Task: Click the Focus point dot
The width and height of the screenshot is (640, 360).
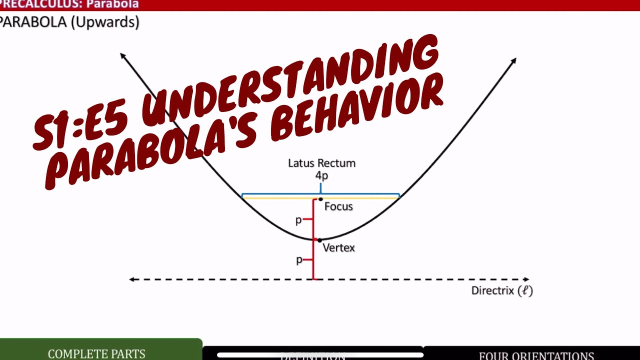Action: [x=320, y=199]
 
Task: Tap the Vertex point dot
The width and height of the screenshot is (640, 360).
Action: [x=320, y=240]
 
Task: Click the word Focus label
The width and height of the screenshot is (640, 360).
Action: [x=338, y=206]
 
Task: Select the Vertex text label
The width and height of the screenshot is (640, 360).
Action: [x=338, y=247]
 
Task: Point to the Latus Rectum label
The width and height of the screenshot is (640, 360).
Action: [x=321, y=163]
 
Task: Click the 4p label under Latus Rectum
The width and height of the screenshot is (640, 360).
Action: [x=321, y=175]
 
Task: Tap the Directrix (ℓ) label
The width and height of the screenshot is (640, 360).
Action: [x=502, y=290]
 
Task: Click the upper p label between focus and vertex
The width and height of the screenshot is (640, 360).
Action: [x=299, y=219]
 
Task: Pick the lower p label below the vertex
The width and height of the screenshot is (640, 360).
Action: [x=299, y=259]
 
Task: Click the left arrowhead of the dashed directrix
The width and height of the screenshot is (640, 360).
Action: [x=131, y=279]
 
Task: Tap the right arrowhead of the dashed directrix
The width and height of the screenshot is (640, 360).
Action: [x=526, y=279]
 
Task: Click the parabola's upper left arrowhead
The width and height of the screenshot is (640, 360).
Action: [x=122, y=55]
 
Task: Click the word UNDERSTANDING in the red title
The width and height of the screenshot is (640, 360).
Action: [x=290, y=85]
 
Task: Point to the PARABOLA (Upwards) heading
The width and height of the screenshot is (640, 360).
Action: [x=69, y=22]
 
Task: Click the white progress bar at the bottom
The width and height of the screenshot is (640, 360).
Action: [x=320, y=355]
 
